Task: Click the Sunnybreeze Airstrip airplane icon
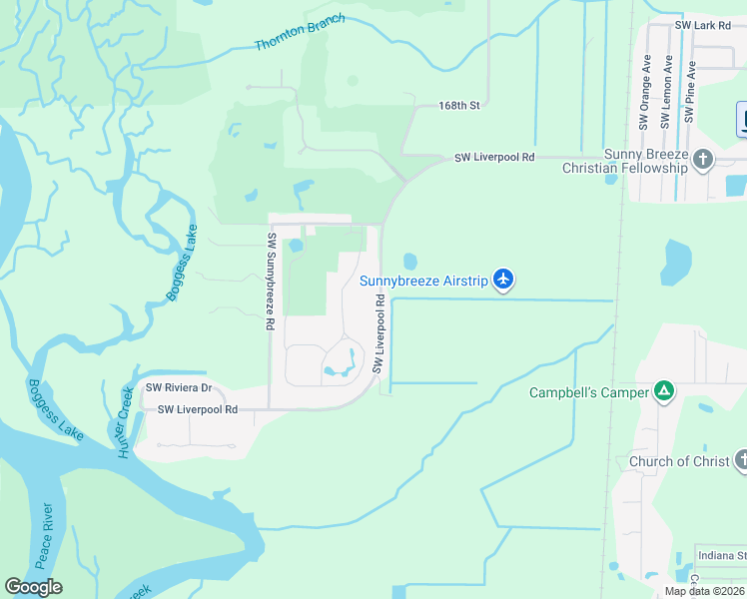click(x=503, y=280)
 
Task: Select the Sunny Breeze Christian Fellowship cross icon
click(x=703, y=159)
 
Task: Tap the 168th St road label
click(x=459, y=105)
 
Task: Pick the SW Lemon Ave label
click(x=667, y=93)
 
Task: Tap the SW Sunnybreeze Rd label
click(x=270, y=282)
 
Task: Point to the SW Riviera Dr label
click(x=179, y=387)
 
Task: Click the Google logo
click(x=33, y=586)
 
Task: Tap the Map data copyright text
click(x=705, y=591)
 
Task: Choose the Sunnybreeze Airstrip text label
click(x=423, y=281)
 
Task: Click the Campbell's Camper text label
click(x=588, y=392)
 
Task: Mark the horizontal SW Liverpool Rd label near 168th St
click(x=494, y=158)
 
